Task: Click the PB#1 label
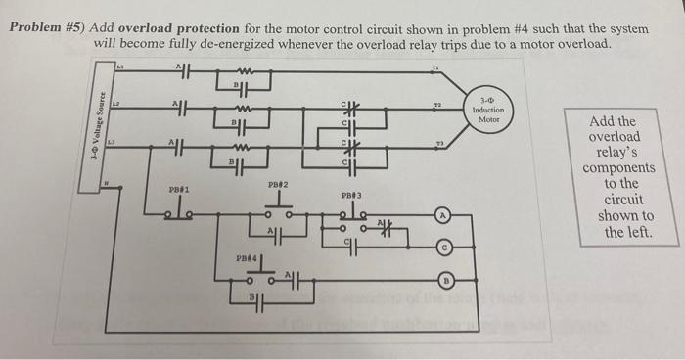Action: (178, 189)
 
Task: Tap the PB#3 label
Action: (352, 196)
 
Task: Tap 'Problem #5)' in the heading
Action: (46, 29)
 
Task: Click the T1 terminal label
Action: (436, 67)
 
